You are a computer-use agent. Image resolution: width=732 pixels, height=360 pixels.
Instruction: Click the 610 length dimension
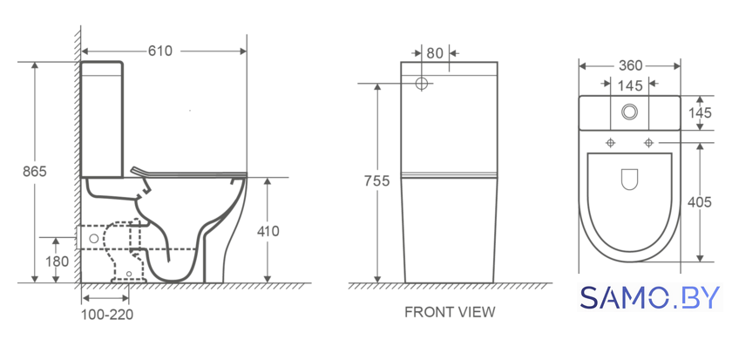(160, 51)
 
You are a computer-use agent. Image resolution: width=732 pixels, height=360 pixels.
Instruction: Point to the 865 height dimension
(35, 172)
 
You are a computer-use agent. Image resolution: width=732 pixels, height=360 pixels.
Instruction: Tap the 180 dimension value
(58, 262)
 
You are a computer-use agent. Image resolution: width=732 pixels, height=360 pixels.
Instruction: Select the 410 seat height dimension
(268, 231)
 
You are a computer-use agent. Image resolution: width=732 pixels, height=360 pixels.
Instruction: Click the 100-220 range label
(107, 315)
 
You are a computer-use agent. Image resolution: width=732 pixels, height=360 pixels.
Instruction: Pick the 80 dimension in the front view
(435, 53)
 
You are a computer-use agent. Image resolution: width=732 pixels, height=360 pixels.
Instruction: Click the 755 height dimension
(376, 180)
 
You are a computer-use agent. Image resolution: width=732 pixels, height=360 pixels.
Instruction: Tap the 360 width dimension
(631, 66)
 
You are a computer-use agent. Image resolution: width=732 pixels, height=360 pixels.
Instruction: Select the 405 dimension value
(700, 202)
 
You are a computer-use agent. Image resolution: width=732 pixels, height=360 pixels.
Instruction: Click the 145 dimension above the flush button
(630, 86)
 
